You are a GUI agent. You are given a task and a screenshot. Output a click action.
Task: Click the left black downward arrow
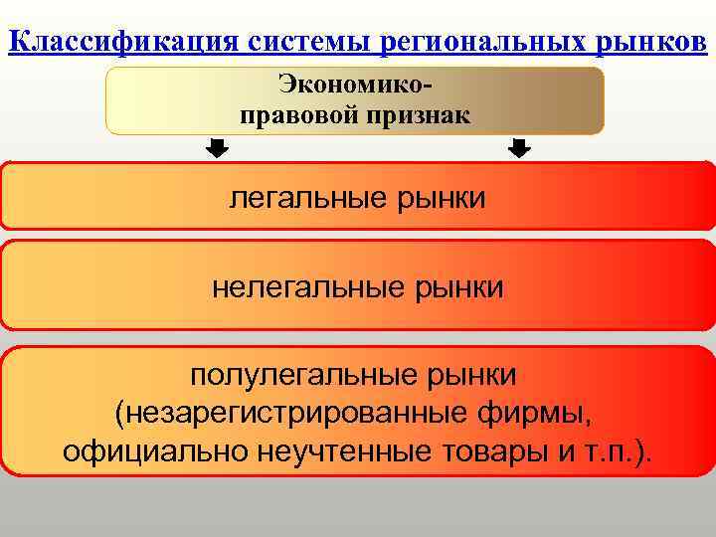pyautogui.click(x=217, y=149)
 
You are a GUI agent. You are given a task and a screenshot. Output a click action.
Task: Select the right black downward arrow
pyautogui.click(x=519, y=149)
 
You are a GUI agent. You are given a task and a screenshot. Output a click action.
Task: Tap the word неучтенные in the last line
pyautogui.click(x=341, y=452)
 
